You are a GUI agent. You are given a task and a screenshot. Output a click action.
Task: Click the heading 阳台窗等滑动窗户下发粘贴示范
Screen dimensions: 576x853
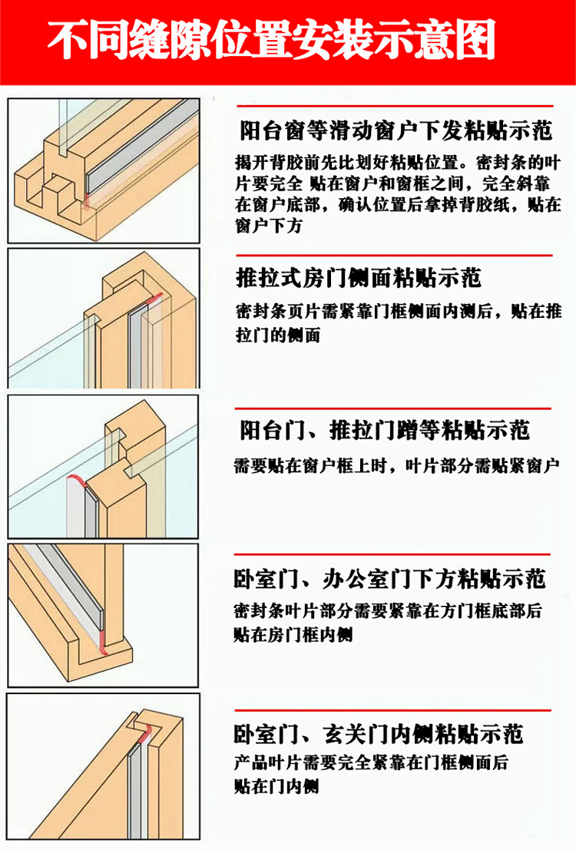(x=396, y=131)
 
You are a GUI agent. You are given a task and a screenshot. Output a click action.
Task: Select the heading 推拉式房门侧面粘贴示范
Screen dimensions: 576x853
(x=359, y=278)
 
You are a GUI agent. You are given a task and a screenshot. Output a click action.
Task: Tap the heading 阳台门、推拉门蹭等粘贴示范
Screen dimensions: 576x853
(x=385, y=430)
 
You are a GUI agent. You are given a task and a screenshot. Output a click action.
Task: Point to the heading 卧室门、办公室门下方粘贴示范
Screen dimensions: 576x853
(x=389, y=579)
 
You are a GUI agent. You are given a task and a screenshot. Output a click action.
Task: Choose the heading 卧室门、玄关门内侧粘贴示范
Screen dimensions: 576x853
(x=379, y=734)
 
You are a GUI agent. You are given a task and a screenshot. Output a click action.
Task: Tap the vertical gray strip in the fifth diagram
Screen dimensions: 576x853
(x=135, y=789)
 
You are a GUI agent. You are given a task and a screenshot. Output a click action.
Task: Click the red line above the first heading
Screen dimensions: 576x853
(x=394, y=106)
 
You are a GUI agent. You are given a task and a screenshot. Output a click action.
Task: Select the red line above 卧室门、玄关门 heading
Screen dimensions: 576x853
(x=392, y=710)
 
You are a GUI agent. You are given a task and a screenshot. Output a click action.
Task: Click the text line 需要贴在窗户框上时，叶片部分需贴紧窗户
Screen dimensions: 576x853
(x=396, y=466)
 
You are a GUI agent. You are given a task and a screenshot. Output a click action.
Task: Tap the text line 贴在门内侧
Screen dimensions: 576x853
(x=276, y=786)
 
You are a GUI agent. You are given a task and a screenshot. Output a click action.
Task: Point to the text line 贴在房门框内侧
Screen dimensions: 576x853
(x=293, y=634)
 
